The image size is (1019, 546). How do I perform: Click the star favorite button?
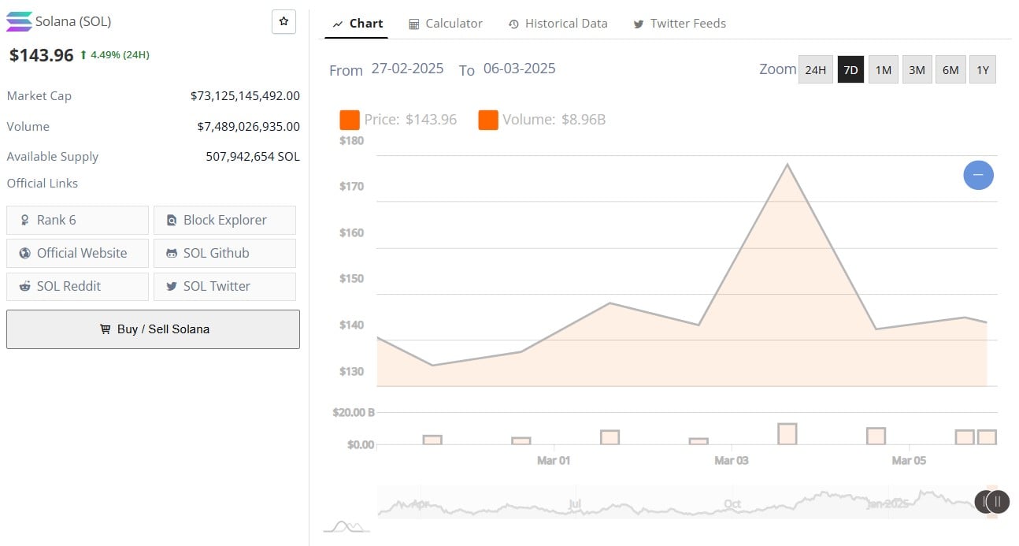point(283,22)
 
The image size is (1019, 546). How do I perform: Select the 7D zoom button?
point(850,70)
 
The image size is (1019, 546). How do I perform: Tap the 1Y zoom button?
point(982,70)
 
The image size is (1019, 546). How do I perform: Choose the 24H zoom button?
point(815,70)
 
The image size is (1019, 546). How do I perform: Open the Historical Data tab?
point(558,24)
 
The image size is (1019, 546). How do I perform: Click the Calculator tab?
point(445,24)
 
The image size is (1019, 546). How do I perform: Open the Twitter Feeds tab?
point(680,24)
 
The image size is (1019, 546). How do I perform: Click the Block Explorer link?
point(224,221)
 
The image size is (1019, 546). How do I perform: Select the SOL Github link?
point(224,254)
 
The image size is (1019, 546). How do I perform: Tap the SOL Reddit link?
point(77,287)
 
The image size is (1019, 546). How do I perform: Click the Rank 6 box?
point(77,221)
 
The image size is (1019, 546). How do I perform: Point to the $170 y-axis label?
point(351,187)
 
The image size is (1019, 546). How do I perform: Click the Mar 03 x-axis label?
point(731,460)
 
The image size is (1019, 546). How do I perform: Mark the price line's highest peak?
point(787,165)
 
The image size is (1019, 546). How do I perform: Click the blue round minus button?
point(978,175)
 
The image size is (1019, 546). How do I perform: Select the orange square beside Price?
point(350,120)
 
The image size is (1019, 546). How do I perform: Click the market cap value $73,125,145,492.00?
point(245,96)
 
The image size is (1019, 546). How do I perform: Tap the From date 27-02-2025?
point(407,69)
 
